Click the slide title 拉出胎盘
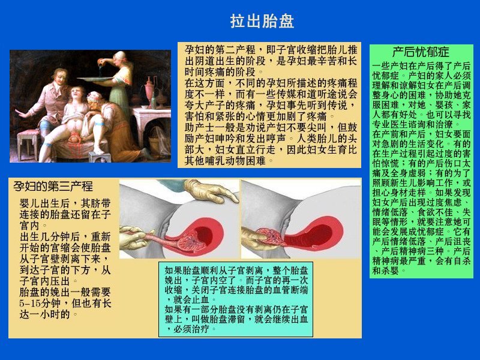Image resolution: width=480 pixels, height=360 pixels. pos(262,22)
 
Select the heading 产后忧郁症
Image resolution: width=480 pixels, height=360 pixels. pos(420,52)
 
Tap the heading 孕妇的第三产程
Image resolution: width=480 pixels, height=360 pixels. pos(53,187)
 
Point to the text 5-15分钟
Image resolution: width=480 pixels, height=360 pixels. pos(43,303)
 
